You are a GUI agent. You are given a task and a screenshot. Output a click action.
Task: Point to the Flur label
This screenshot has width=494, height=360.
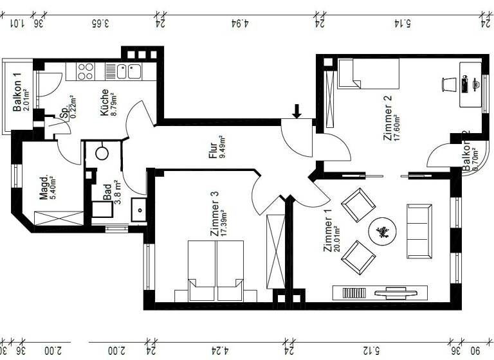[213, 147]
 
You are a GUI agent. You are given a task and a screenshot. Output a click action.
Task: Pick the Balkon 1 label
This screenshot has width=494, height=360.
[18, 89]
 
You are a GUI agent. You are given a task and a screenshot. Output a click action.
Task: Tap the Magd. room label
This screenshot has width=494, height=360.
[43, 188]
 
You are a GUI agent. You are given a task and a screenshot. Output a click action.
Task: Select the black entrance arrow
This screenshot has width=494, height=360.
[296, 111]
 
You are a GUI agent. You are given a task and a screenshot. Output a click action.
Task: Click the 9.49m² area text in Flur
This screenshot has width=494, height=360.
[223, 147]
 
